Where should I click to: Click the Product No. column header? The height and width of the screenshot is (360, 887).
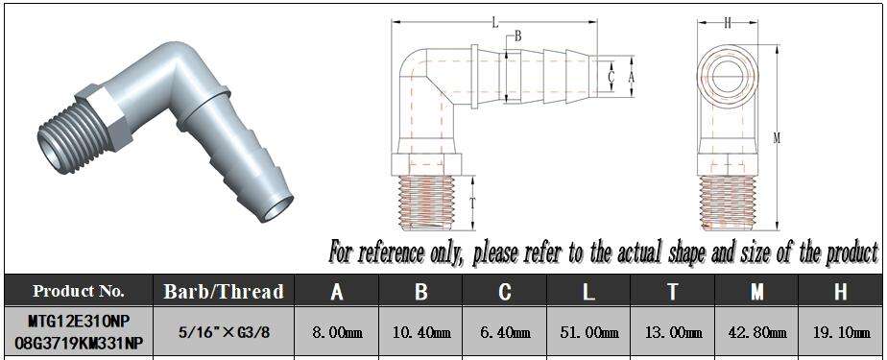point(79,291)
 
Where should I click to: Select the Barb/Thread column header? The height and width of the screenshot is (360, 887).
point(224,291)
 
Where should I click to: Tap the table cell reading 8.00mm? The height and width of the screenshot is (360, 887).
point(337,332)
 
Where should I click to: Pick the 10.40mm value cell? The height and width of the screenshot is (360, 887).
point(421,332)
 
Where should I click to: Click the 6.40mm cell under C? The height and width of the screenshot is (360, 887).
point(505,332)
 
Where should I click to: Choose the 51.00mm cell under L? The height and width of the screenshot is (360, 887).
point(588,332)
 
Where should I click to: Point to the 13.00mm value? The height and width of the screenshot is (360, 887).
point(673,332)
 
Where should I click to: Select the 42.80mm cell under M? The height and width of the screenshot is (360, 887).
point(756,332)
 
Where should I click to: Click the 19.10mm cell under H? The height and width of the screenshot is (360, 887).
point(841,332)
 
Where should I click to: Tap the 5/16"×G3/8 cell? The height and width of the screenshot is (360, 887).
point(224,332)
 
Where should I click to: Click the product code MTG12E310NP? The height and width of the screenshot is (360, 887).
point(79,321)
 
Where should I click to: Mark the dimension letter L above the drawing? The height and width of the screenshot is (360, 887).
point(495,23)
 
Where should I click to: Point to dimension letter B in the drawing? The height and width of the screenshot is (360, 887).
point(517,37)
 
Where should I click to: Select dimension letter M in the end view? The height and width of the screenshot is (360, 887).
point(778,138)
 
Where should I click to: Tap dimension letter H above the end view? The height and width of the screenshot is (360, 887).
point(728,23)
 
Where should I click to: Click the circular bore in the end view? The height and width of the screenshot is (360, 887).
point(727,75)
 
